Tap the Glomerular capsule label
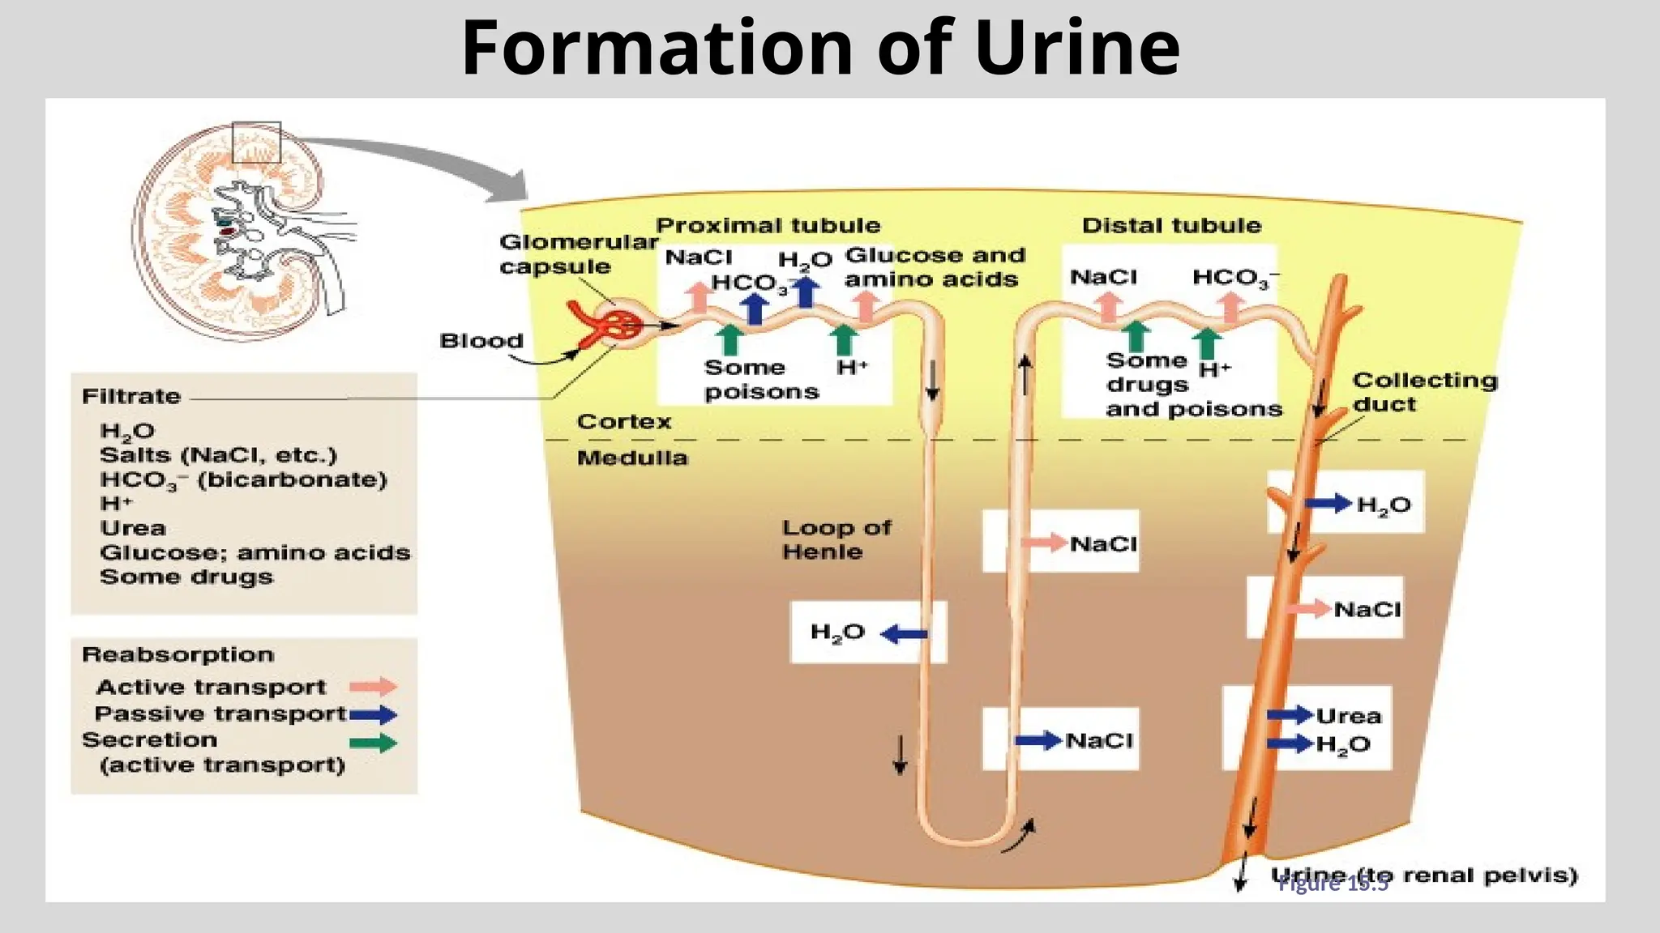tap(577, 253)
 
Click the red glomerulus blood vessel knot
tap(620, 326)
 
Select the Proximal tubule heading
tap(767, 225)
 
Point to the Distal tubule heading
tap(1171, 225)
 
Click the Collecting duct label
tap(1423, 392)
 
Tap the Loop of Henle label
tap(835, 539)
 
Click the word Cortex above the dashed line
tap(623, 422)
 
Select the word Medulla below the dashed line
tap(631, 458)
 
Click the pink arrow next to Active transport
tap(373, 687)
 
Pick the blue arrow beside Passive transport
tap(373, 714)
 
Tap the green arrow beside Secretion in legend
tap(373, 743)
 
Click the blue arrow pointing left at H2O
tap(904, 634)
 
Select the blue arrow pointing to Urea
tap(1289, 714)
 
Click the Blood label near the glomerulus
tap(481, 341)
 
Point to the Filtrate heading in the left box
tap(131, 397)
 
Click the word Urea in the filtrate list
tap(133, 528)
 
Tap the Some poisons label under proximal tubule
tap(760, 379)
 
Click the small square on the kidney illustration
tap(256, 143)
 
